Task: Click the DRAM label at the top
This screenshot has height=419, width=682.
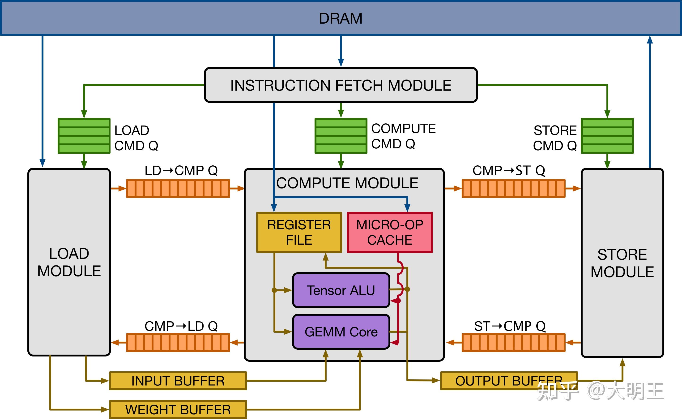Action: click(341, 19)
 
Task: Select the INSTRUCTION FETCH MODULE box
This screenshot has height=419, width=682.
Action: click(341, 85)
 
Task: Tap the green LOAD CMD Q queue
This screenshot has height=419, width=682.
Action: click(84, 136)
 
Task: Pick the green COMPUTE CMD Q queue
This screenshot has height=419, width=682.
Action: click(341, 136)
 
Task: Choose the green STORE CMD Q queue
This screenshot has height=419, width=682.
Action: click(607, 136)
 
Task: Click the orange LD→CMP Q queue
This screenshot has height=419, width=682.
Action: click(178, 189)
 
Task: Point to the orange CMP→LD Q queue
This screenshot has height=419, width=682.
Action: click(178, 343)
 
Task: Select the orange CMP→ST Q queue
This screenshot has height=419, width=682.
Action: click(513, 189)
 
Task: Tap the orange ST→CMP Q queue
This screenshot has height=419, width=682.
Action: click(513, 343)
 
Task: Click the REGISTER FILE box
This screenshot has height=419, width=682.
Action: click(299, 232)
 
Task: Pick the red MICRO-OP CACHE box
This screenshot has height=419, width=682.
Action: click(390, 232)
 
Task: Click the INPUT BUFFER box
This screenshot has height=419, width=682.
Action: click(178, 381)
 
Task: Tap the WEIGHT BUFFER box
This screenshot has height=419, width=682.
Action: click(178, 410)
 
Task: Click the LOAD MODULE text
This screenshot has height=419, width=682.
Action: click(69, 262)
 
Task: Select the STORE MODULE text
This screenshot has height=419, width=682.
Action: click(622, 263)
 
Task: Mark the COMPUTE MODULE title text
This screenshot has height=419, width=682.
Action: click(347, 183)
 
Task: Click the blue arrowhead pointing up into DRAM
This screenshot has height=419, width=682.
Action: click(650, 40)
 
